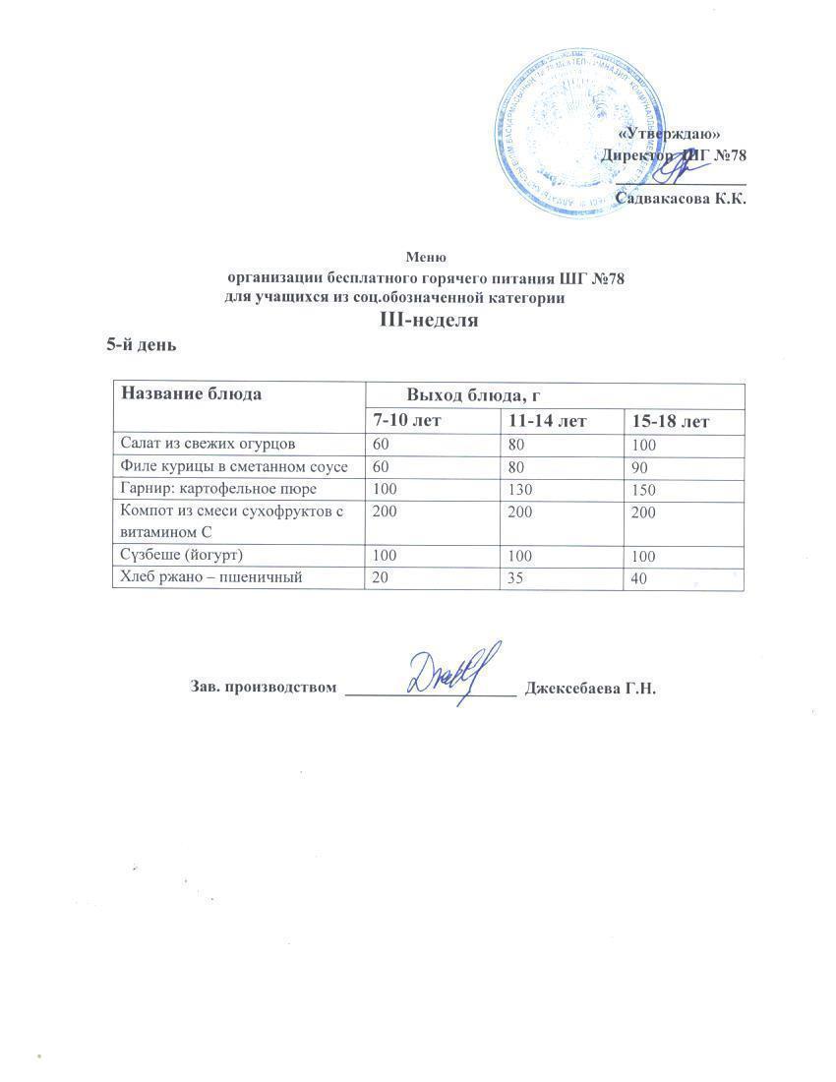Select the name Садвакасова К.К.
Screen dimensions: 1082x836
tap(680, 199)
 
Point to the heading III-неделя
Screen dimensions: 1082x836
tap(429, 321)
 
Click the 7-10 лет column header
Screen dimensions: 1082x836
tap(406, 421)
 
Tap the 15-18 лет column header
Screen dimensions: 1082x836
tap(670, 422)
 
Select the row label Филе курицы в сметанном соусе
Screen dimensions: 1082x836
tap(233, 466)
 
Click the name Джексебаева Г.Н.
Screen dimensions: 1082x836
tap(591, 688)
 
